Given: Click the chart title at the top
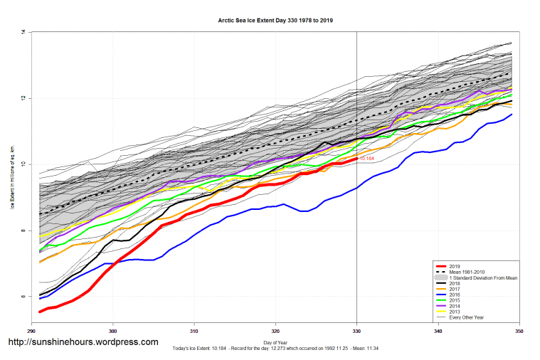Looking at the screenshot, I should [275, 21].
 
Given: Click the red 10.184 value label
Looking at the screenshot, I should [367, 159].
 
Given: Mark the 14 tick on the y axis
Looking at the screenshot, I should [23, 33].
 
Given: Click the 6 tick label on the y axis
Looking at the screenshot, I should [23, 297].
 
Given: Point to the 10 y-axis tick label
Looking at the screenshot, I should [23, 164].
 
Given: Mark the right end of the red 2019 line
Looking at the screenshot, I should [356, 158].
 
